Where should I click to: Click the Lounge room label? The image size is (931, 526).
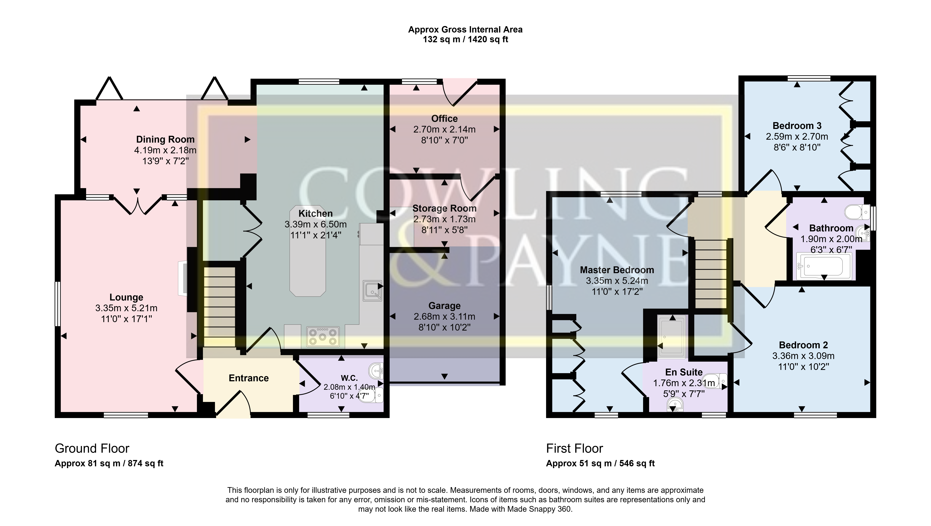click(x=126, y=297)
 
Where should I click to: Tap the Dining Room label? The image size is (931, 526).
click(x=165, y=139)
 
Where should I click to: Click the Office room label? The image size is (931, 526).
click(x=444, y=119)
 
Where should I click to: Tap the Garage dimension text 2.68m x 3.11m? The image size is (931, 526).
click(x=444, y=317)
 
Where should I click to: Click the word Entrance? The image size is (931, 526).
click(x=249, y=378)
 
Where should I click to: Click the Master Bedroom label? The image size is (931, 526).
click(x=617, y=270)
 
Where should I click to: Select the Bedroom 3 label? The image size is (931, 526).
click(x=797, y=126)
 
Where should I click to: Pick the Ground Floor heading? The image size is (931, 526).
click(x=92, y=449)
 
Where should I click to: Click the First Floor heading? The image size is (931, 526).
click(x=574, y=449)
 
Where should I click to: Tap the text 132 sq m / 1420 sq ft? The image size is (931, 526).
click(x=465, y=40)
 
